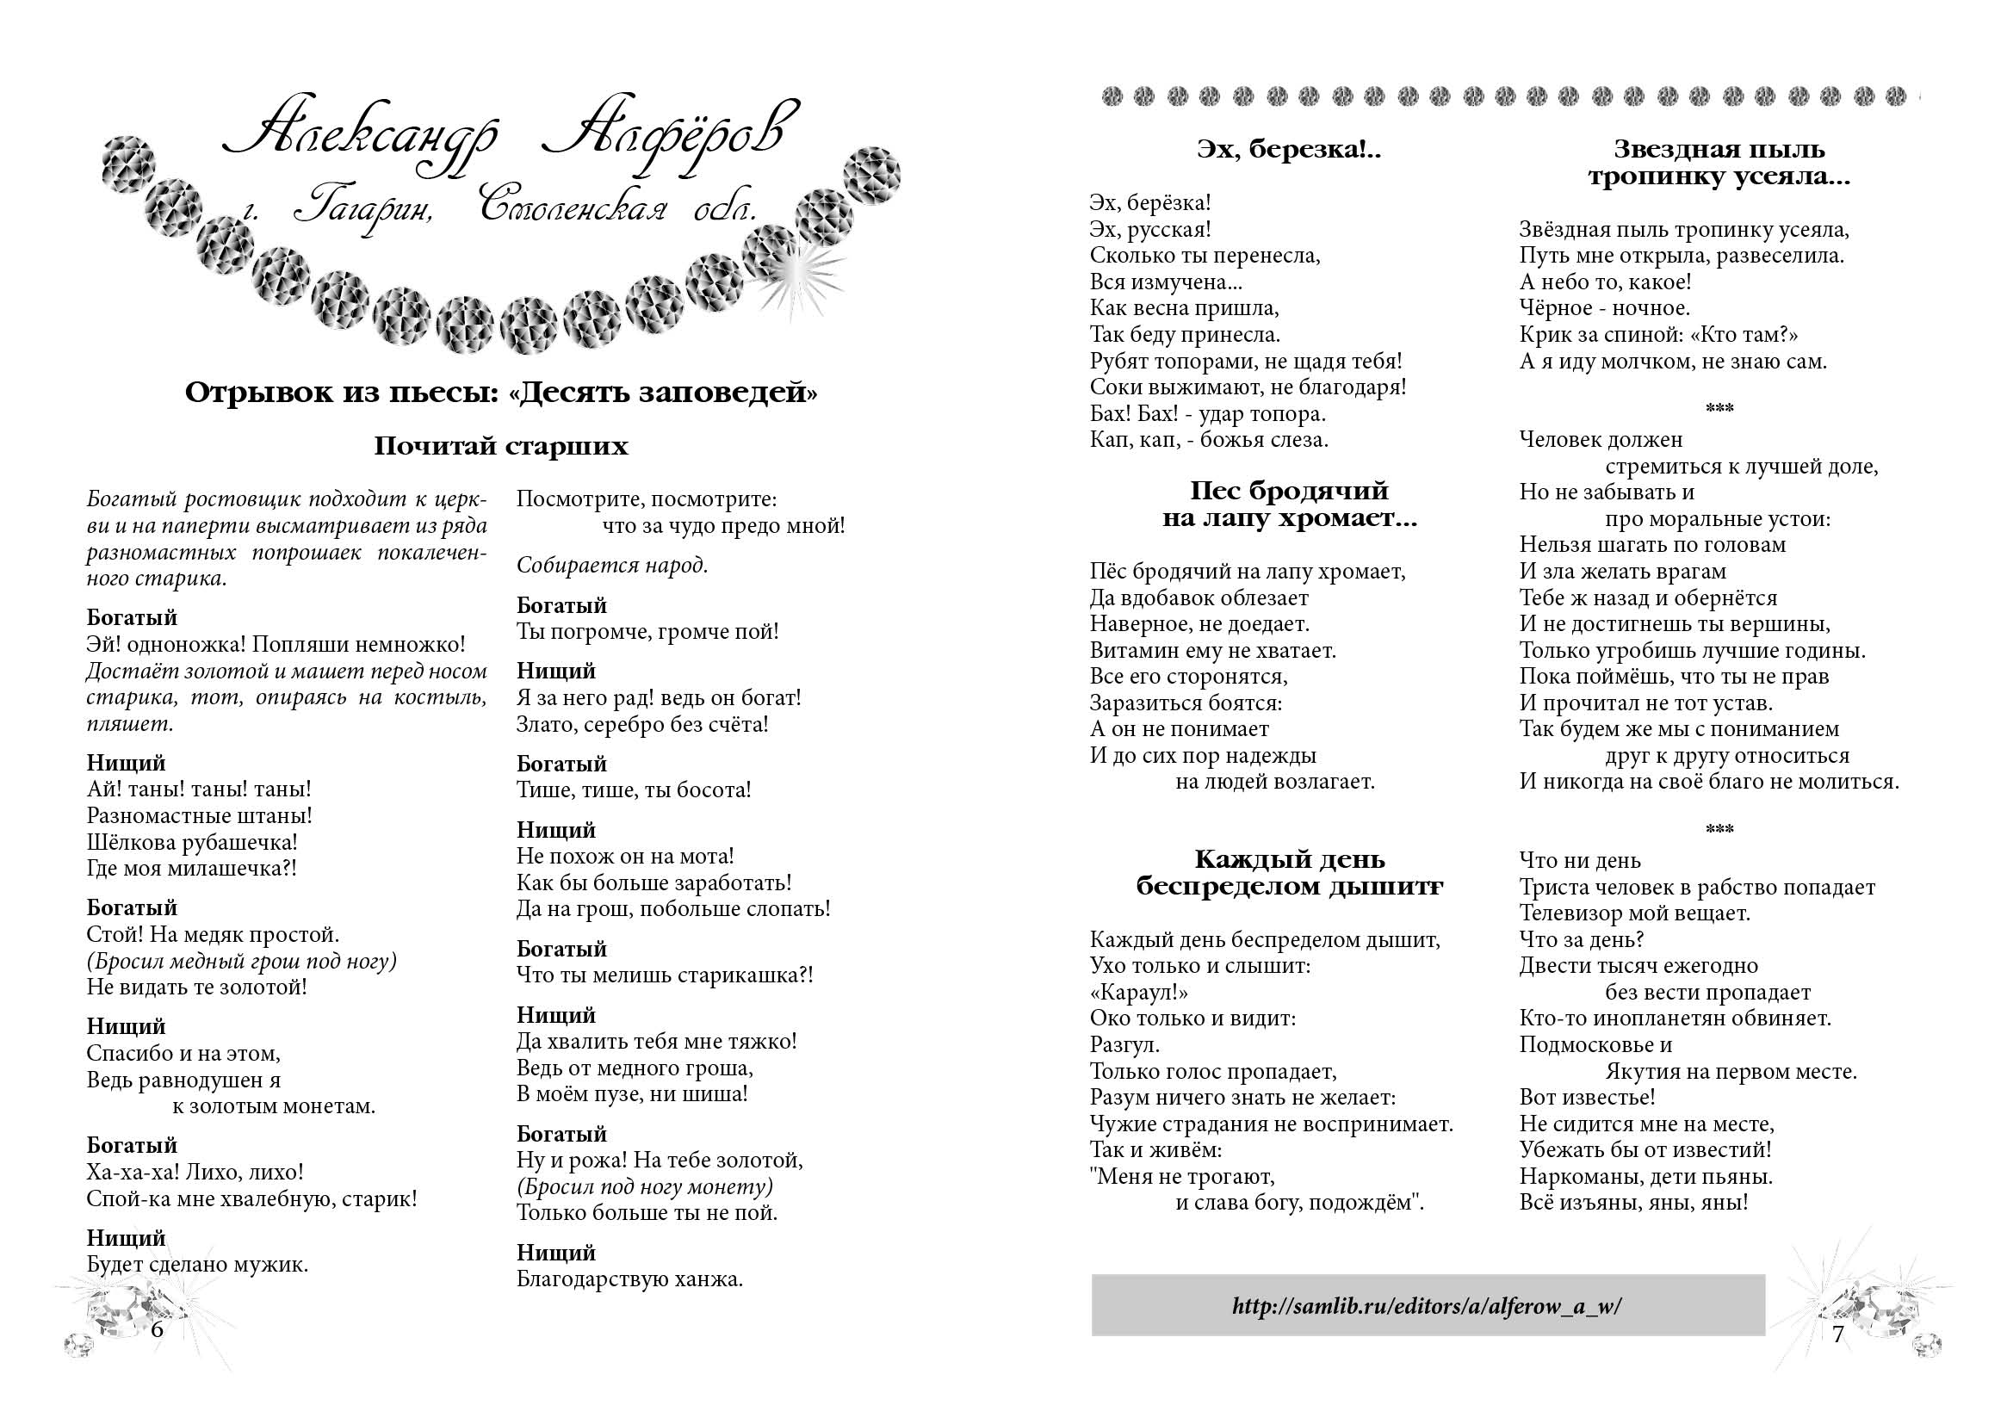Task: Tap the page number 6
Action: click(157, 1328)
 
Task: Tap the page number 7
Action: click(1837, 1334)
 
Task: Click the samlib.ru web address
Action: click(1427, 1306)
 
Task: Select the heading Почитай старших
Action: click(500, 446)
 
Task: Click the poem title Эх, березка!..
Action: click(1288, 150)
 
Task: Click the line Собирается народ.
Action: click(612, 565)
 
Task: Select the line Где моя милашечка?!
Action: click(191, 868)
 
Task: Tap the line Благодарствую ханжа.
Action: click(629, 1279)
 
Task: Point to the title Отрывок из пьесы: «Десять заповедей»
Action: click(500, 392)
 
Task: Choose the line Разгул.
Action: click(1125, 1044)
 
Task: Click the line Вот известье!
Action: click(1587, 1097)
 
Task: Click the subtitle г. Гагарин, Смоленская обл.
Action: click(500, 210)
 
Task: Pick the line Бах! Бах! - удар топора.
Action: click(1207, 413)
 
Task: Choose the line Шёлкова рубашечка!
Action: click(192, 842)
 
